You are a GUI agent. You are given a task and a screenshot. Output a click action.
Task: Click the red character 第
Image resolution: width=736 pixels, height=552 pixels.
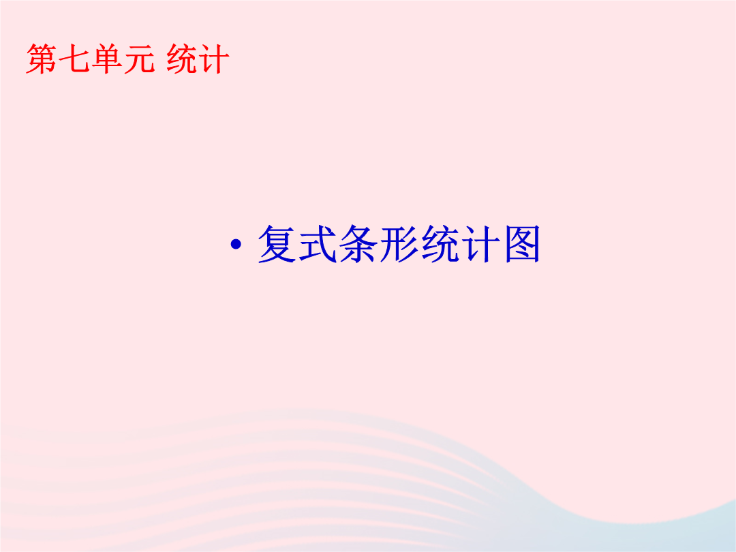tap(42, 59)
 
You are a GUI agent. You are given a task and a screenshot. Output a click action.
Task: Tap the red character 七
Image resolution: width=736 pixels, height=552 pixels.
tap(74, 59)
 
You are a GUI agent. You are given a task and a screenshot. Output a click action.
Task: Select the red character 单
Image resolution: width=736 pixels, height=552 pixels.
tap(106, 59)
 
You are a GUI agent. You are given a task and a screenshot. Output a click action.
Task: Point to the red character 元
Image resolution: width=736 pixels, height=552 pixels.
tap(140, 59)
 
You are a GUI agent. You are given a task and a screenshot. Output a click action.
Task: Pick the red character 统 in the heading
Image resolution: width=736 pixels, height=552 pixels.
tap(182, 59)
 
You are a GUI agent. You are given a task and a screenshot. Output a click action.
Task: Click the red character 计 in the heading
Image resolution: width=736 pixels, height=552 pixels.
tap(214, 59)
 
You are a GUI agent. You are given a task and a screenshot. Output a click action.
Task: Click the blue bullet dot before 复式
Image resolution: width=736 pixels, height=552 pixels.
tap(236, 244)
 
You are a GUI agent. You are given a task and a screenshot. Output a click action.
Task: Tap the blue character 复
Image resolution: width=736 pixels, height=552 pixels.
tap(277, 243)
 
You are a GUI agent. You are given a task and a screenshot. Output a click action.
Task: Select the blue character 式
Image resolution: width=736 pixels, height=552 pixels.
tap(318, 243)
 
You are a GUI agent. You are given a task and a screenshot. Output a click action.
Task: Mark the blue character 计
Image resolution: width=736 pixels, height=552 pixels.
tap(481, 243)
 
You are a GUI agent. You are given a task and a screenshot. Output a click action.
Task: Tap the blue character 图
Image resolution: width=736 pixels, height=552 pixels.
tap(522, 243)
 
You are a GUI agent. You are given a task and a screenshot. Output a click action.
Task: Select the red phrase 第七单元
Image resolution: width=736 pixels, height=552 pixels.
tap(90, 59)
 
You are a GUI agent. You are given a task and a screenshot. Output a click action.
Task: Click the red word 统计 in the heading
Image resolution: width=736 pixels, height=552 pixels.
tap(198, 59)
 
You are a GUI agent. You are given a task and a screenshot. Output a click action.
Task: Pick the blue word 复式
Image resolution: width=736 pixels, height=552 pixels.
tap(297, 243)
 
